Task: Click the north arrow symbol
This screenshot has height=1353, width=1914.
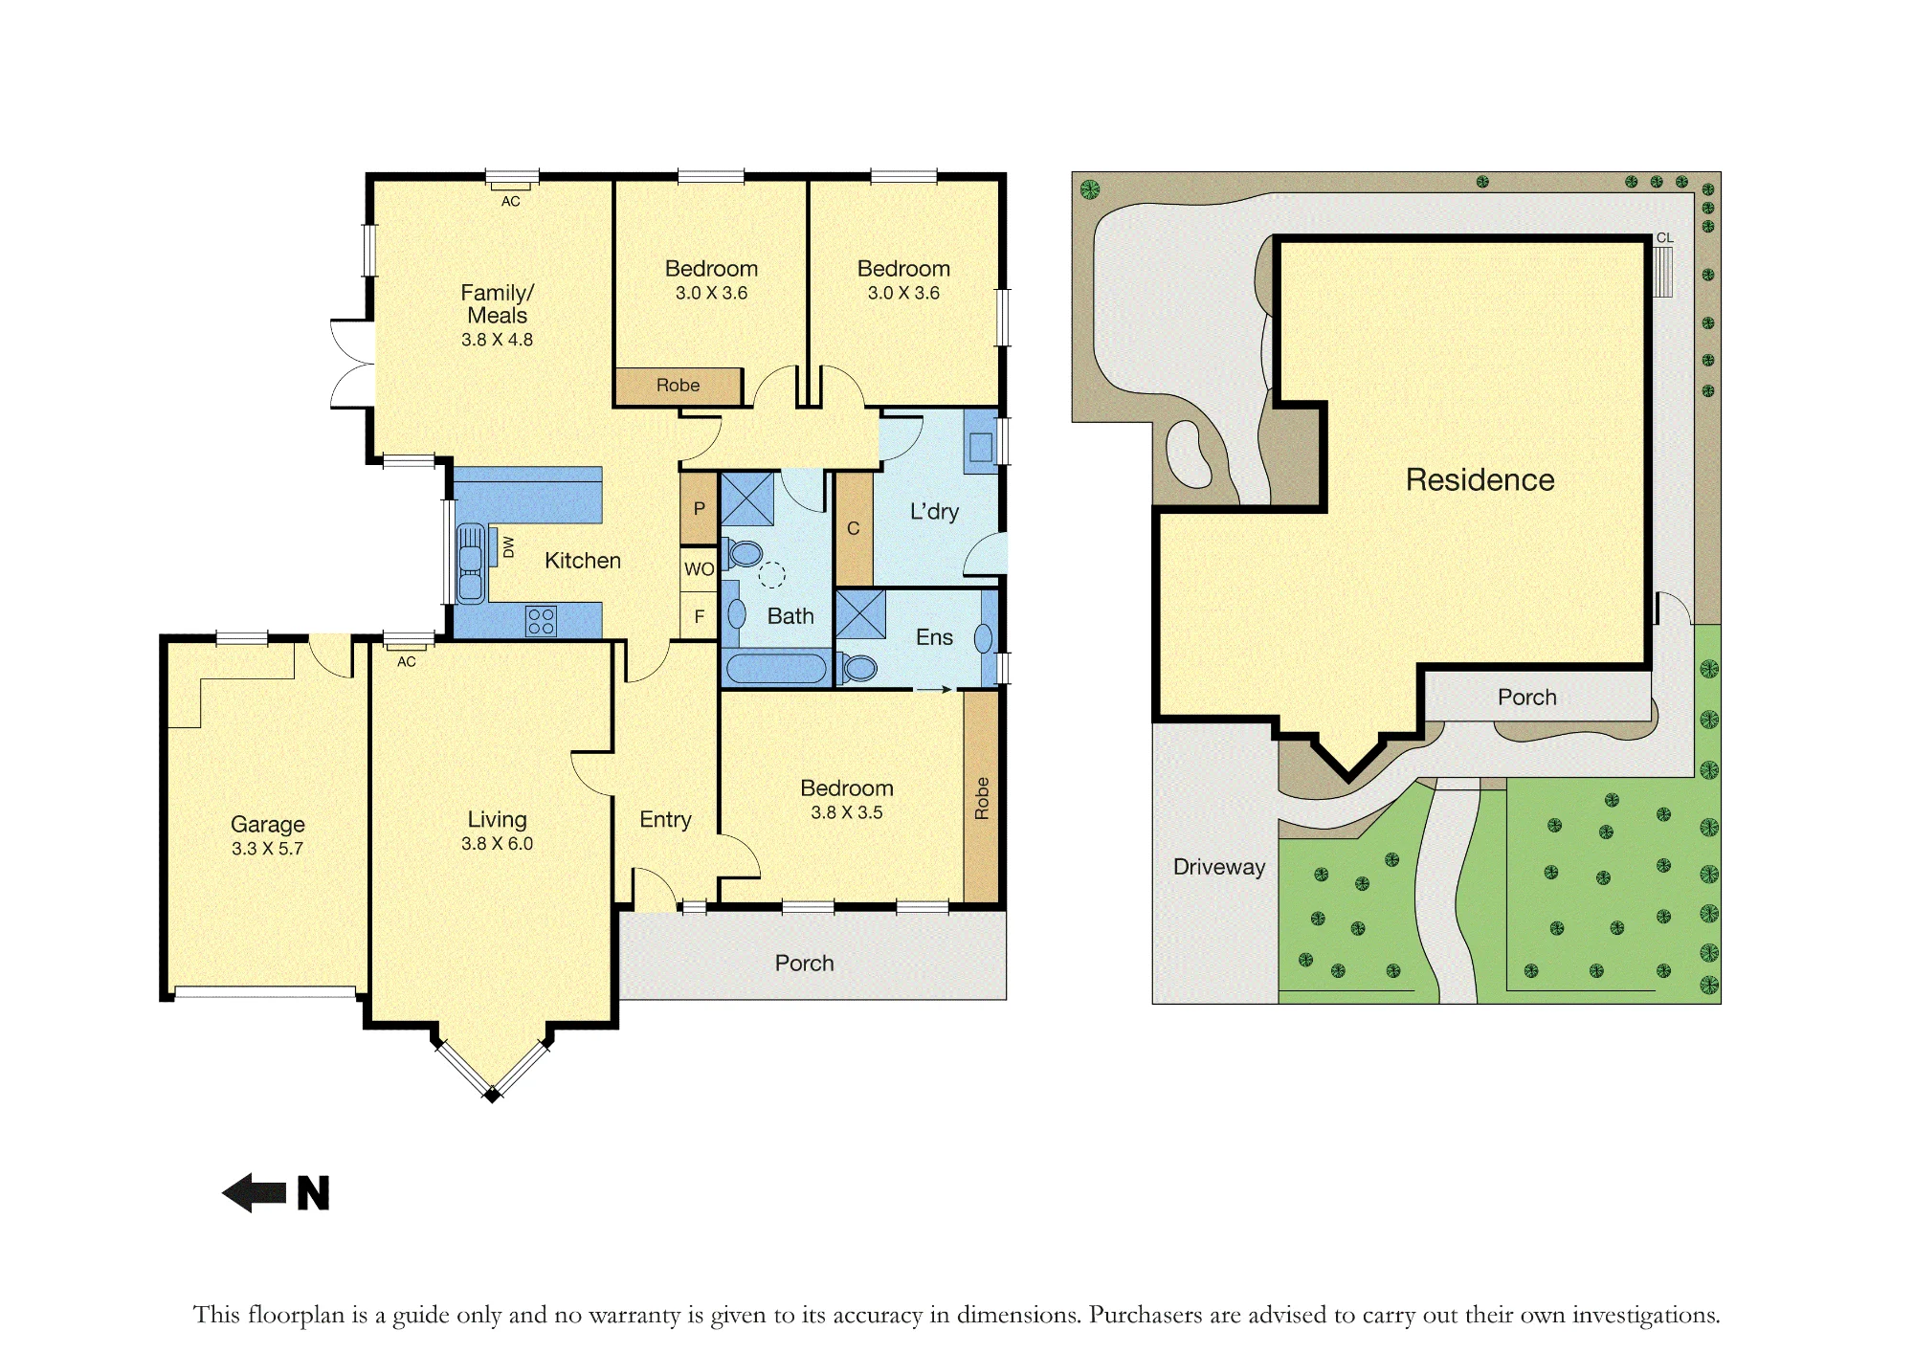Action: pyautogui.click(x=255, y=1193)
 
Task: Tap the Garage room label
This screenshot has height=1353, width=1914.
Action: pyautogui.click(x=268, y=824)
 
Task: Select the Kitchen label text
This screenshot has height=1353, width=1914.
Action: pyautogui.click(x=583, y=561)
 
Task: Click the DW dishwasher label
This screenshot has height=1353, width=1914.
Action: pyautogui.click(x=508, y=547)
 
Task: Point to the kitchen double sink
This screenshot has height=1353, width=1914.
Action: pyautogui.click(x=471, y=563)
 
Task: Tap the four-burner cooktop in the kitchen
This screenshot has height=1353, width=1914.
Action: pyautogui.click(x=541, y=621)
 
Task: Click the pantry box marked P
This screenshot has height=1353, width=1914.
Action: pyautogui.click(x=699, y=509)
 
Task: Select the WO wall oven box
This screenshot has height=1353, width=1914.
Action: pyautogui.click(x=699, y=569)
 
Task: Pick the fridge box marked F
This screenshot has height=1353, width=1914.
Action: pyautogui.click(x=699, y=617)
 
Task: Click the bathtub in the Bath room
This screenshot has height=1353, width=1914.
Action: pyautogui.click(x=776, y=668)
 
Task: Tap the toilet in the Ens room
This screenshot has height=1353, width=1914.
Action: pyautogui.click(x=858, y=667)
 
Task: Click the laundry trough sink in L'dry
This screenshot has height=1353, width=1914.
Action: pyautogui.click(x=981, y=447)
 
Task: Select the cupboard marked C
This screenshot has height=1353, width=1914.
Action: pyautogui.click(x=854, y=529)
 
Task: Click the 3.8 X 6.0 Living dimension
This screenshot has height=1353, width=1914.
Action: pyautogui.click(x=498, y=844)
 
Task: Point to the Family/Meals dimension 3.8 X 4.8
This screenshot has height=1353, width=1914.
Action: pyautogui.click(x=498, y=340)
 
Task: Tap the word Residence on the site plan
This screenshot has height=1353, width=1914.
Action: pyautogui.click(x=1480, y=479)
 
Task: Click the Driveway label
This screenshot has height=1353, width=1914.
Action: pyautogui.click(x=1219, y=867)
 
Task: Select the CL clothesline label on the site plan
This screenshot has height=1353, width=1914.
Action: pyautogui.click(x=1665, y=238)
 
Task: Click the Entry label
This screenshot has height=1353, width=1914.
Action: pyautogui.click(x=666, y=820)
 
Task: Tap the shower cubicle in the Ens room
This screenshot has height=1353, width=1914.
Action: pyautogui.click(x=860, y=614)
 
